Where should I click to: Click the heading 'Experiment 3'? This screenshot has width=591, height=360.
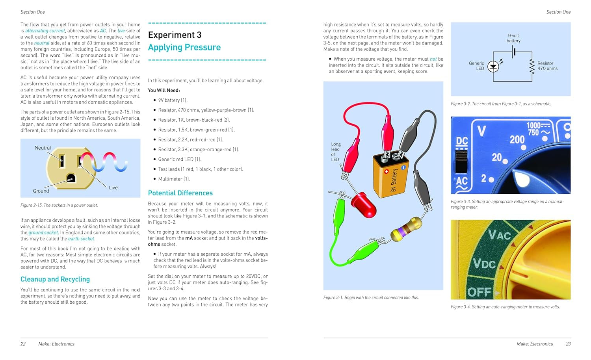point(175,35)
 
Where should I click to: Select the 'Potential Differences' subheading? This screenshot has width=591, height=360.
point(180,193)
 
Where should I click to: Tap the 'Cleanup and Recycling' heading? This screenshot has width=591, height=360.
point(55,279)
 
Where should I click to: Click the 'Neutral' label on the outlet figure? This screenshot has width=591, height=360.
point(43,148)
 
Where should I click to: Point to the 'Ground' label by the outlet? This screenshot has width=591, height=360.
point(41,191)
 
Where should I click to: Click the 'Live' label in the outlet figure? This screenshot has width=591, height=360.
point(113,188)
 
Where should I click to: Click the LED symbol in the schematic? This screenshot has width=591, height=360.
point(493,67)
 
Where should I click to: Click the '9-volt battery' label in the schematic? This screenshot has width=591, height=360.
point(513,38)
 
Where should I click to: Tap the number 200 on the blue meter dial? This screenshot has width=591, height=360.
point(517,139)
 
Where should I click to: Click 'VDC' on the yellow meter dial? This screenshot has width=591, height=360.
point(484,263)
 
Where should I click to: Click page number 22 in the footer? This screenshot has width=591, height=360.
point(23,344)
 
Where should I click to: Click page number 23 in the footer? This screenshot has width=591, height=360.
point(568,344)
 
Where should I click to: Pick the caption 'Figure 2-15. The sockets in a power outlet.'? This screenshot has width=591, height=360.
point(59,205)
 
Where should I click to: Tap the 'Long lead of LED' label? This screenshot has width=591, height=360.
point(335,152)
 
